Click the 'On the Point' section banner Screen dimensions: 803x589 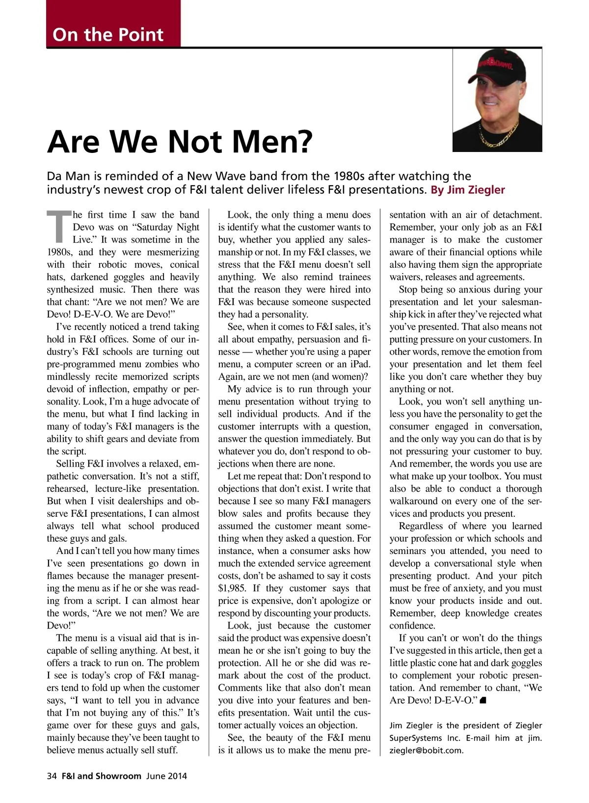coord(108,34)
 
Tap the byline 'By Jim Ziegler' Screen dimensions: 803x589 coord(467,190)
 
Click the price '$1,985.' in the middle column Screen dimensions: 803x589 coord(233,588)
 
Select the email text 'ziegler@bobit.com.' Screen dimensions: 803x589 coord(426,750)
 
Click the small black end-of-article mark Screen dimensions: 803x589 coord(483,701)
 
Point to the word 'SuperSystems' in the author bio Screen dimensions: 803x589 coord(415,738)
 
